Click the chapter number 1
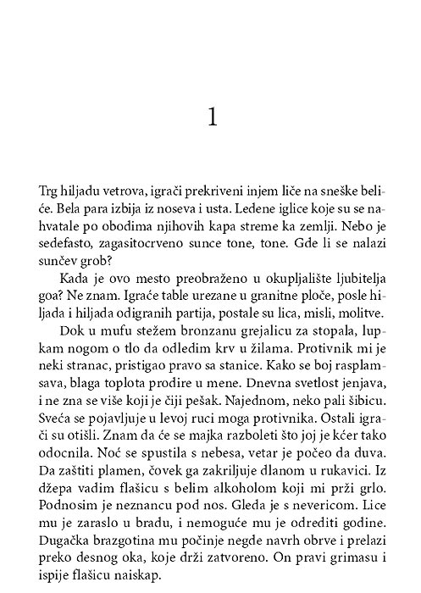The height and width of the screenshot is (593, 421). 212,117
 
